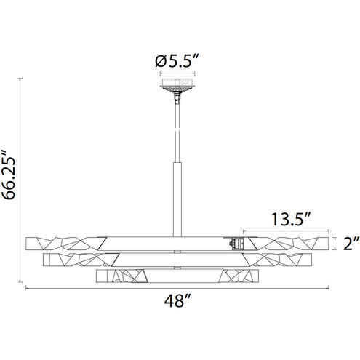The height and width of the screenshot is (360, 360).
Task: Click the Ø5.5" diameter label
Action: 177,61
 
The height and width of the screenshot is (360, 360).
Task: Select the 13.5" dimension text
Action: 290,220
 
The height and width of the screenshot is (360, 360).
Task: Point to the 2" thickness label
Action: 351,244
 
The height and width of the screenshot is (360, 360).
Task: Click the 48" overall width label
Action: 178,301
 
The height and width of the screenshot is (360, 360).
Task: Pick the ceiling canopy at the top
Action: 177,85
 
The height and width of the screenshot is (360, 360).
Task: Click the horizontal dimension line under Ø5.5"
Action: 177,73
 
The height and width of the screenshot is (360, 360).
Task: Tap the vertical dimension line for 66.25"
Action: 20,180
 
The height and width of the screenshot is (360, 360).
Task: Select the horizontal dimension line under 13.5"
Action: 286,231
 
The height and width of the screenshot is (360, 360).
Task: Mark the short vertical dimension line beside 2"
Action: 335,244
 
